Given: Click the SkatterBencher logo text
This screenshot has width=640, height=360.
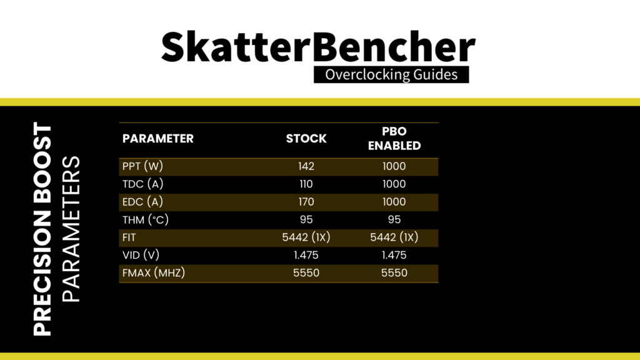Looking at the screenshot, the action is point(318,47).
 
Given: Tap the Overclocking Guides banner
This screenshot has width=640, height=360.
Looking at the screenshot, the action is point(391,75).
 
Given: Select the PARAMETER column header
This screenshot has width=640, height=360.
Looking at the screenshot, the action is point(158,139).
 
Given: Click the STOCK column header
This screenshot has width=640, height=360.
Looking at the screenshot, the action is point(306,139).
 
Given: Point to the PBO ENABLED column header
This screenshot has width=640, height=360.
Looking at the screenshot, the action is point(394,139).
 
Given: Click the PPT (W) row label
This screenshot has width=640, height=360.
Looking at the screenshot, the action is point(143,166).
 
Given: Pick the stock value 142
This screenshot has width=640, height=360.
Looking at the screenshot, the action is point(306,166).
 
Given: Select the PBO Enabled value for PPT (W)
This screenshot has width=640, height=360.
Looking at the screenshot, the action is point(394,166).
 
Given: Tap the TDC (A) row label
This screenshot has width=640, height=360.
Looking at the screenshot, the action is point(143,184).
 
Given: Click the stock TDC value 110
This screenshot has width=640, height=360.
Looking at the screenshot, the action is point(306,184).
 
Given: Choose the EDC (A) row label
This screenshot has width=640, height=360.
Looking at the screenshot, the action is point(143,202).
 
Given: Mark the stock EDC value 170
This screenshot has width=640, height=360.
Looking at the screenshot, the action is point(306,202).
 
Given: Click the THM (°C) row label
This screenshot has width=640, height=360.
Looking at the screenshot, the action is point(145,220).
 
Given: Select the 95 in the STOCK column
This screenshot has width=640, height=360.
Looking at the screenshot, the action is point(306,220).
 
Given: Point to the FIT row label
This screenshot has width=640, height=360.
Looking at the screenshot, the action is point(129,237).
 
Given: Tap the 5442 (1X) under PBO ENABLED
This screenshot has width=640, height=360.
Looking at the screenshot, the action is point(394,237).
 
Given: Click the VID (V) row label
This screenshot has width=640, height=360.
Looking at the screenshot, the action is point(141,255).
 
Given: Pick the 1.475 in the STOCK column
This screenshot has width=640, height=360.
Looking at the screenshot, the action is point(306,256).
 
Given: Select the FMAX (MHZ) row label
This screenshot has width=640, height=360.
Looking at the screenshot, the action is point(154,273).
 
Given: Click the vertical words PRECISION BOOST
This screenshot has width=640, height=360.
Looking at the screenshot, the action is point(42,229).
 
